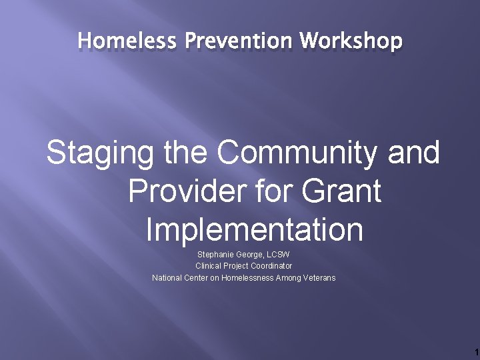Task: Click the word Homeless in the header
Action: click(x=127, y=41)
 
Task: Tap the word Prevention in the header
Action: click(x=238, y=41)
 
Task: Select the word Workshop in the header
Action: click(x=351, y=41)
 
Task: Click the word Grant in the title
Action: click(x=341, y=192)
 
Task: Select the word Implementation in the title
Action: click(x=254, y=230)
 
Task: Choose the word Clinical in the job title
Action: click(x=209, y=266)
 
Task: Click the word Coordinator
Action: click(x=271, y=266)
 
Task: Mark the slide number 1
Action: click(x=475, y=351)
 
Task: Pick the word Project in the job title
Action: click(x=237, y=266)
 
